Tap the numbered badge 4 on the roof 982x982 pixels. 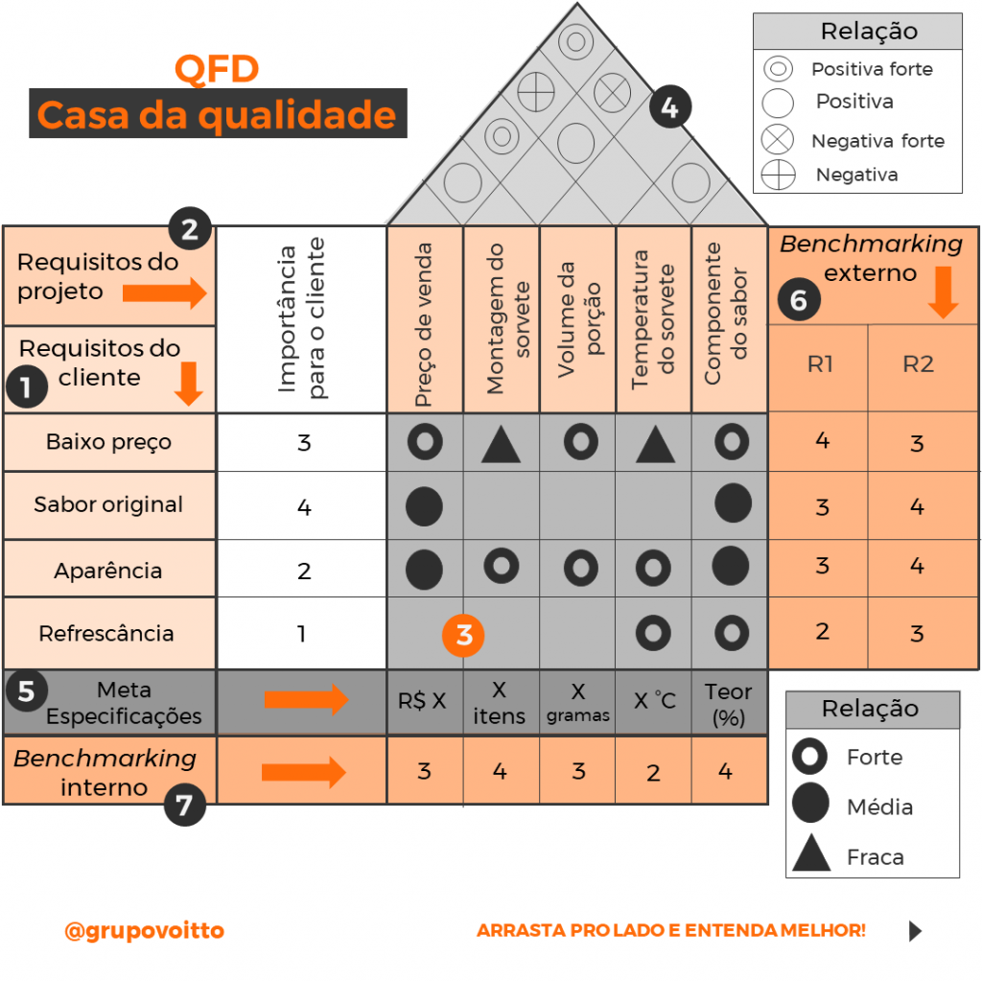click(669, 107)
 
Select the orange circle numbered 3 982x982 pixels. click(464, 635)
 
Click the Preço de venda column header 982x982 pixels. click(425, 319)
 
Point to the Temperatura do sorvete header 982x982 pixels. click(653, 319)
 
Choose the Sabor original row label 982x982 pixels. click(108, 504)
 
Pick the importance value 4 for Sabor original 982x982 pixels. click(304, 505)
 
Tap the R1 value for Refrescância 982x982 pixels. click(821, 631)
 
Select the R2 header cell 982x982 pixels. click(918, 365)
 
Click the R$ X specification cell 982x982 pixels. click(423, 701)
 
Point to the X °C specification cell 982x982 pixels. click(654, 701)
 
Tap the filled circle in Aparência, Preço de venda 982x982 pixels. click(424, 570)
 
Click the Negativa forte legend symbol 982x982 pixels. click(778, 140)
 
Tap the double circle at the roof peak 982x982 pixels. click(576, 41)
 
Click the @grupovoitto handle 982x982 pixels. click(144, 931)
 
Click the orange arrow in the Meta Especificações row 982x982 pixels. click(306, 701)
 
